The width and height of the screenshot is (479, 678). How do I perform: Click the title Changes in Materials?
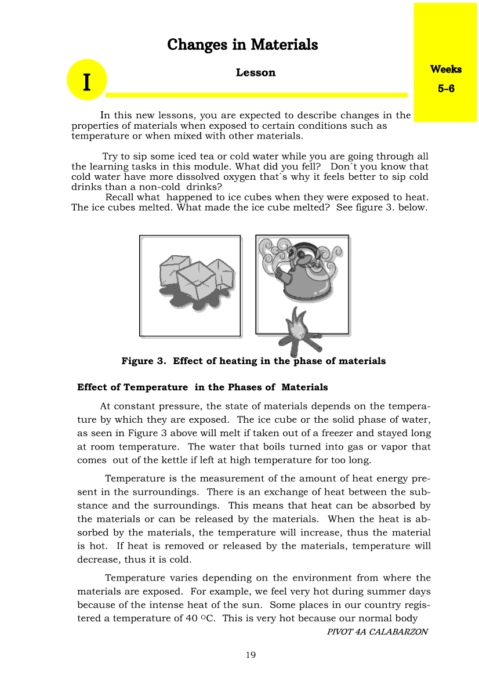click(x=242, y=45)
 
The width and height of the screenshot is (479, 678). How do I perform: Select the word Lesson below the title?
click(x=255, y=72)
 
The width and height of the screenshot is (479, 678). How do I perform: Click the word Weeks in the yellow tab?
click(x=445, y=69)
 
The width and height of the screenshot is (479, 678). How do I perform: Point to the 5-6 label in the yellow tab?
click(x=445, y=89)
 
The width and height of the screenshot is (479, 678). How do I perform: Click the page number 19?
click(x=251, y=655)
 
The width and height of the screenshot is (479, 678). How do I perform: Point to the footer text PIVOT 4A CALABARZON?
click(x=377, y=632)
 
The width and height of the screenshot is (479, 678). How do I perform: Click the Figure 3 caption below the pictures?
click(x=253, y=361)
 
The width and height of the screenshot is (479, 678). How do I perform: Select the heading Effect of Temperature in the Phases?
click(x=202, y=387)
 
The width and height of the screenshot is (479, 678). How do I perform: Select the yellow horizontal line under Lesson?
click(x=256, y=95)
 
